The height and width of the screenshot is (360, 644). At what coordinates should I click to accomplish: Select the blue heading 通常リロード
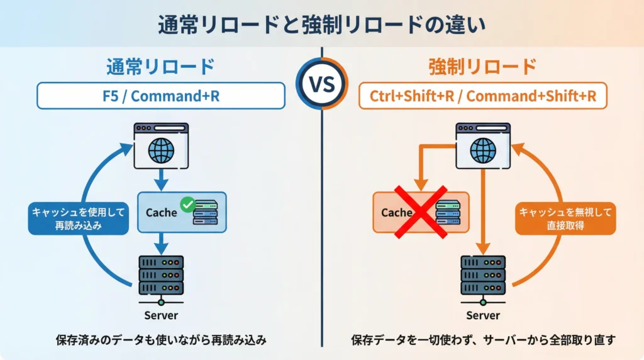160,66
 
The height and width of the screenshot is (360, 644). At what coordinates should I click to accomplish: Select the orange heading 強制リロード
482,66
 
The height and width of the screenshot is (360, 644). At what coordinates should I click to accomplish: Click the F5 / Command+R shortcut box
160,96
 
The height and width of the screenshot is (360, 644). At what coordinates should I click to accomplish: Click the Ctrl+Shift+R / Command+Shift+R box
482,96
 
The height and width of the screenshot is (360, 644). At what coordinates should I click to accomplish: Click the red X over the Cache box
420,213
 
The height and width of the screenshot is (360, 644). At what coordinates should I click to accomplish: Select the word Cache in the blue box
161,213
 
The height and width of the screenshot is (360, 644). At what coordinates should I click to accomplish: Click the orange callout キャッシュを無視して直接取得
565,218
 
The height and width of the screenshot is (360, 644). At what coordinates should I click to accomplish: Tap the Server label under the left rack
161,315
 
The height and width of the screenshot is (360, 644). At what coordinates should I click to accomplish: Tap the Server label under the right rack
483,315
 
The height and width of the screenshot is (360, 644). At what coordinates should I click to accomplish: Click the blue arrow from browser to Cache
161,179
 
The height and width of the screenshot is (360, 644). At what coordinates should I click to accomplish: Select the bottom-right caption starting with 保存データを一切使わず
483,340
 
